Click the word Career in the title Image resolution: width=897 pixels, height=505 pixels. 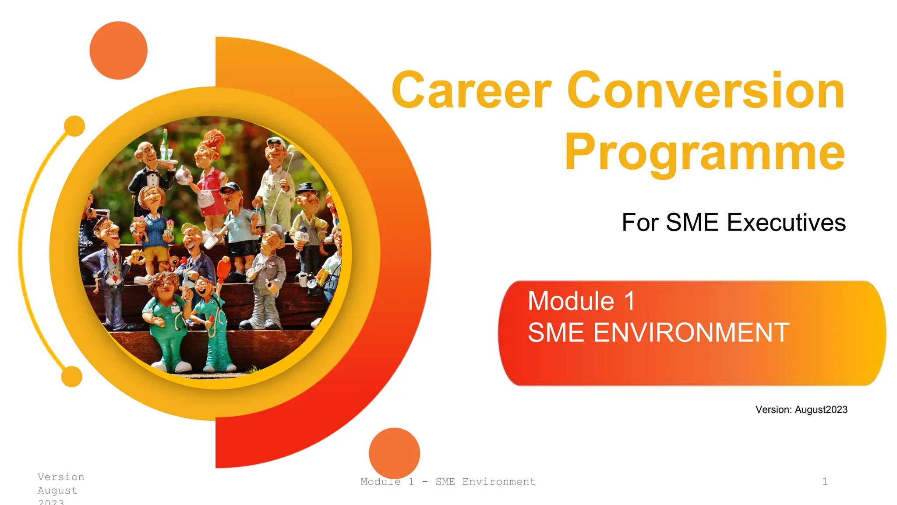point(471,91)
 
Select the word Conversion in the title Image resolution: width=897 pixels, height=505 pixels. point(706,91)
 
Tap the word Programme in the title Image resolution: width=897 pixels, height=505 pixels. point(705,152)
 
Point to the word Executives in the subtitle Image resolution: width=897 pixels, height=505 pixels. point(786,223)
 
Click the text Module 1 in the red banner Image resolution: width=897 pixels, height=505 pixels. point(581,301)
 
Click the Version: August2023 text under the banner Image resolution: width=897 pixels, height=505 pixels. point(801,409)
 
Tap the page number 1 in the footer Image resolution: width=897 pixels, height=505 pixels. point(825,482)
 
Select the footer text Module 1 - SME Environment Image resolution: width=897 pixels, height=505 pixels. point(448,482)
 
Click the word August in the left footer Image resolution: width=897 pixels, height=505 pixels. point(57,491)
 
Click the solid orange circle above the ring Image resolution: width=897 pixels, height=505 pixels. point(118,50)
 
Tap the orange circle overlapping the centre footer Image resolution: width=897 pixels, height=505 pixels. point(394,453)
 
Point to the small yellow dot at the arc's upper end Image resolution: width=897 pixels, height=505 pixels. point(74,126)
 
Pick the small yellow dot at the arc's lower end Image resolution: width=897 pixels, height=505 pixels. point(72,377)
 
